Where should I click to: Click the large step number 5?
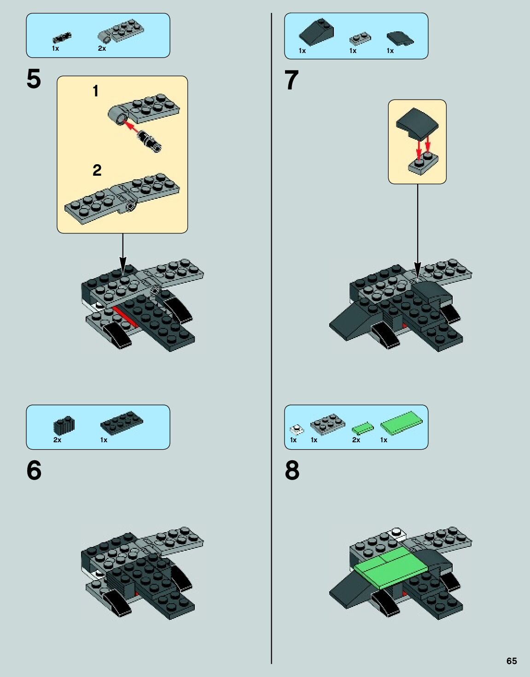click(x=34, y=79)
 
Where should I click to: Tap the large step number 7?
click(x=291, y=80)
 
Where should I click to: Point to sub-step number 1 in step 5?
click(x=95, y=91)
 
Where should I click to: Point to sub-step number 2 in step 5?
click(x=97, y=170)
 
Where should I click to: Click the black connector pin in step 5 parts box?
click(x=62, y=37)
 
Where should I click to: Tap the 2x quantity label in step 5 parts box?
click(x=102, y=48)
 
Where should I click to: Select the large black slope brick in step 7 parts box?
click(x=316, y=32)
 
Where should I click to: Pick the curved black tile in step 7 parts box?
click(x=400, y=38)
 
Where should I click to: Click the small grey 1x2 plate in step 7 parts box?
click(x=360, y=39)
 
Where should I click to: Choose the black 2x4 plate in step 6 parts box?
click(x=122, y=422)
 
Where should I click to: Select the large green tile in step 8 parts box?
click(x=402, y=422)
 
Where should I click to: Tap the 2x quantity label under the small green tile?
click(x=356, y=439)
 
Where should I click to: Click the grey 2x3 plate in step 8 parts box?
click(x=328, y=422)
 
